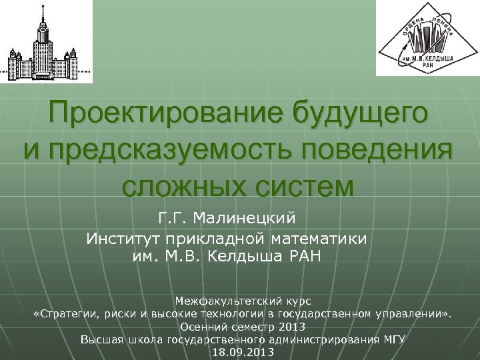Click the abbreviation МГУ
pos(395,339)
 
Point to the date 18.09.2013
pos(242,351)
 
